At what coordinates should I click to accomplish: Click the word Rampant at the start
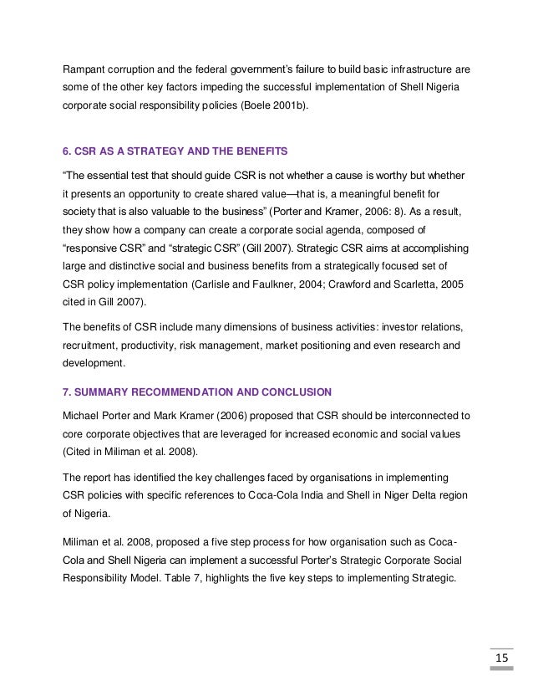point(87,68)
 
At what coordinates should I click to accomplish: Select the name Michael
point(86,416)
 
